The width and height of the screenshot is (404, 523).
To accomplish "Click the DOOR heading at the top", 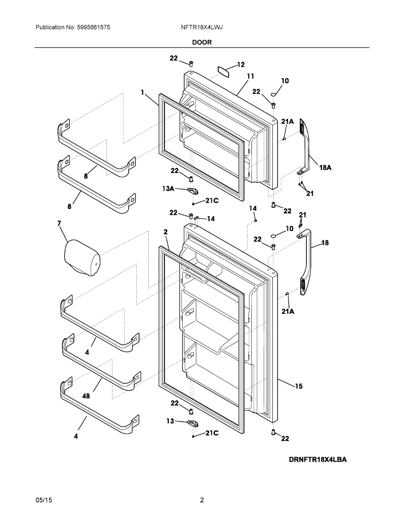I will (x=202, y=42).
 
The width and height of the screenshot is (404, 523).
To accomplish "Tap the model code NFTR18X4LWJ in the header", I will (x=202, y=27).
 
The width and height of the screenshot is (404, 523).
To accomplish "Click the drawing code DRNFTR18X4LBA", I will (x=317, y=460).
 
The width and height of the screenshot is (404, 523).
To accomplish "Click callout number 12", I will (x=241, y=65).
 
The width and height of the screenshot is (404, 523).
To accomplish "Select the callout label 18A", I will (x=325, y=167).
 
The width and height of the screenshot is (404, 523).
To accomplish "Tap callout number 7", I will (x=59, y=224).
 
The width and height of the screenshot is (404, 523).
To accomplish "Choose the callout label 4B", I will (x=86, y=396).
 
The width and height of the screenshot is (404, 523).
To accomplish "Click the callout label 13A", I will (x=168, y=188).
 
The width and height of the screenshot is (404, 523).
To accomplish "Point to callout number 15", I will (x=299, y=386).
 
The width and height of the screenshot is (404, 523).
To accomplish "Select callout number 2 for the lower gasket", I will (x=166, y=233).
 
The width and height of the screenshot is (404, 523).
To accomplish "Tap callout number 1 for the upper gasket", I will (x=143, y=92).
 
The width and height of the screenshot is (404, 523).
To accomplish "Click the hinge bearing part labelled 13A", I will (x=192, y=190).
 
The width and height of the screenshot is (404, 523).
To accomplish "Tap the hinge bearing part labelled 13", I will (x=192, y=423).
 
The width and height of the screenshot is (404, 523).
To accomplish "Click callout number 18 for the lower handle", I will (x=325, y=243).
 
